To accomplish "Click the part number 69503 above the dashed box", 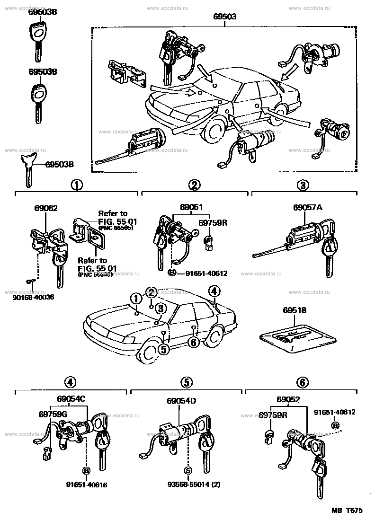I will pos(225,17).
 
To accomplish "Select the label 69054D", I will pos(181,401).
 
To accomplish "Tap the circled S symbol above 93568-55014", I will pos(187,471).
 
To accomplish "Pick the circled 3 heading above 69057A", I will pos(303,185).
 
